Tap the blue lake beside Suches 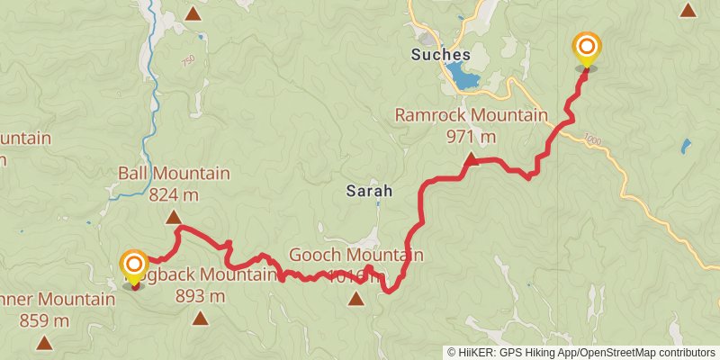[463, 78]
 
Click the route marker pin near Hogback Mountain [134, 265]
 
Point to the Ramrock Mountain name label [471, 115]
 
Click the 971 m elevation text [471, 137]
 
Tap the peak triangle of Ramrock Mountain [470, 159]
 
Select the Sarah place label [369, 191]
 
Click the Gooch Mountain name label [355, 256]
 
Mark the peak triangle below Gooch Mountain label [357, 298]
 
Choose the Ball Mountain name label [174, 173]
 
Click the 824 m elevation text [174, 194]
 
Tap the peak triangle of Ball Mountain [174, 217]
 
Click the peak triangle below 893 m [200, 318]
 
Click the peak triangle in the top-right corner [688, 11]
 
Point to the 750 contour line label [187, 60]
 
